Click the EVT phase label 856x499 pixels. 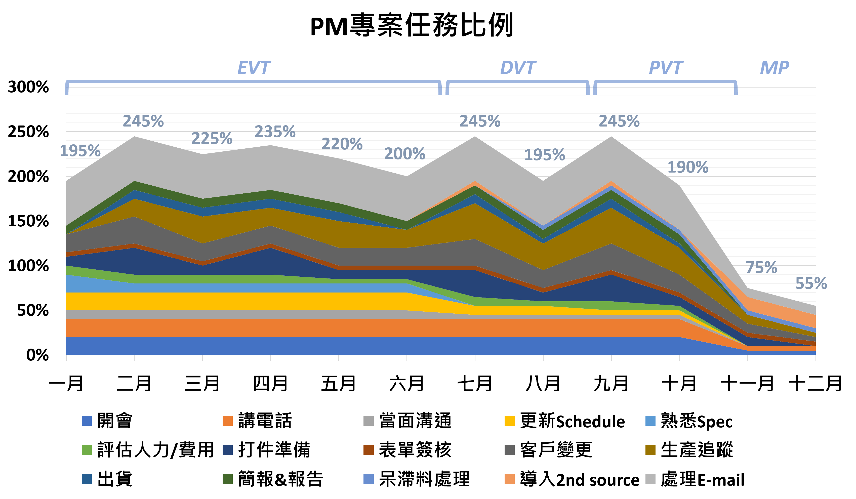click(254, 68)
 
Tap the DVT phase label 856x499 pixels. click(518, 68)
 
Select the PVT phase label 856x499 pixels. click(665, 68)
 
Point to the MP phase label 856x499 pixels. click(774, 68)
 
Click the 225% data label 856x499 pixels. click(212, 138)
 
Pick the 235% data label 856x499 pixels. click(275, 132)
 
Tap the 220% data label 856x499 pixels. click(342, 144)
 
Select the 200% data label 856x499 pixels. click(405, 154)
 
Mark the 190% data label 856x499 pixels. click(688, 167)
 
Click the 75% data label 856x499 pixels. click(761, 268)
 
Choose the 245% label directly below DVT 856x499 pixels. click(480, 121)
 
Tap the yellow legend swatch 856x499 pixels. click(510, 421)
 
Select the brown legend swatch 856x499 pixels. click(369, 450)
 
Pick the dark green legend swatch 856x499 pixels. click(228, 479)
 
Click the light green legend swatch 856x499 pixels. click(87, 450)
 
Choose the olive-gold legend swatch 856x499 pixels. click(650, 450)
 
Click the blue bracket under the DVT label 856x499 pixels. click(517, 82)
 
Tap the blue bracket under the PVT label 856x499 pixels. click(665, 82)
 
